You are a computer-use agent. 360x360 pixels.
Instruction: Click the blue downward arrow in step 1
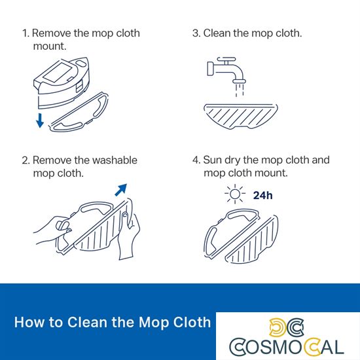(x=40, y=120)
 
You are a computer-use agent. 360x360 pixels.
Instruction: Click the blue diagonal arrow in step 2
(x=121, y=190)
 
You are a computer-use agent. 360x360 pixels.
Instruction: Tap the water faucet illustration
(x=226, y=70)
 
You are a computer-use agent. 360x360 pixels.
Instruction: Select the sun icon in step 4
(x=234, y=194)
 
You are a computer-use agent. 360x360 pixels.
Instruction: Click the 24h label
(x=263, y=196)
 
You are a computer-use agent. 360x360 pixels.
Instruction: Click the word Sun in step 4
(x=213, y=160)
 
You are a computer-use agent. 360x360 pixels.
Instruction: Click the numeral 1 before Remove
(x=26, y=33)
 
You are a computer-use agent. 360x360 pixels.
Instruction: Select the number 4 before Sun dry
(x=196, y=160)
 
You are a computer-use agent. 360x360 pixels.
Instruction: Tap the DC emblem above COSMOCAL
(x=286, y=327)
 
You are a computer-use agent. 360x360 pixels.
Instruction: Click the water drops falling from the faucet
(x=239, y=90)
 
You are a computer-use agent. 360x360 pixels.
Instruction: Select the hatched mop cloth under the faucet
(x=241, y=117)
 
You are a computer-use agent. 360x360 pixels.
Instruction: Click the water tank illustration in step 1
(x=62, y=82)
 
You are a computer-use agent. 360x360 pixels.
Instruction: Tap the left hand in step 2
(x=52, y=230)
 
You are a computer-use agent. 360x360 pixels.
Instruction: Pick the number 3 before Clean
(x=196, y=33)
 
